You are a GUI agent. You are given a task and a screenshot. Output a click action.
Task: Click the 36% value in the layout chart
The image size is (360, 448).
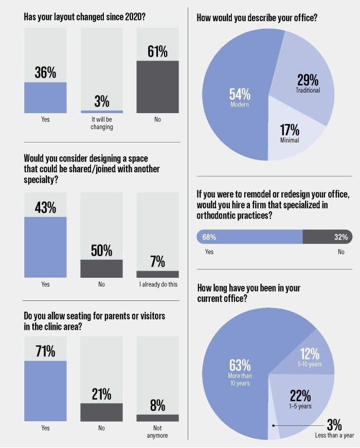pyautogui.click(x=45, y=73)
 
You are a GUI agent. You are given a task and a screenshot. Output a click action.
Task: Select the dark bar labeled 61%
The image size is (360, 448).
pyautogui.click(x=157, y=87)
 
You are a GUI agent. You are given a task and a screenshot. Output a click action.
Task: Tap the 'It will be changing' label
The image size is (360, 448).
pyautogui.click(x=101, y=123)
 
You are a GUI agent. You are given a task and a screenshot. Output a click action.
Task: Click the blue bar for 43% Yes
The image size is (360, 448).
pyautogui.click(x=45, y=247)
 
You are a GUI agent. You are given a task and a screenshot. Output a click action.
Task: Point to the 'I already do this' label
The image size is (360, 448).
pyautogui.click(x=157, y=284)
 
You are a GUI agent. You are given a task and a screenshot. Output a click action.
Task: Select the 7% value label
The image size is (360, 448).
pyautogui.click(x=157, y=262)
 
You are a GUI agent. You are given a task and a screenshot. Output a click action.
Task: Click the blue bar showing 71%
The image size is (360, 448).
pyautogui.click(x=45, y=391)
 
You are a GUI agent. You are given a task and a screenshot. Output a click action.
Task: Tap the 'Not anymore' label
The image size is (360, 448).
pyautogui.click(x=157, y=432)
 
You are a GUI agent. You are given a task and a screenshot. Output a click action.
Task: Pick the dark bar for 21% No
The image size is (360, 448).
pyautogui.click(x=101, y=412)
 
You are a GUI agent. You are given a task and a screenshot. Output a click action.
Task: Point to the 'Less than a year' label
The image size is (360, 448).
pyautogui.click(x=334, y=436)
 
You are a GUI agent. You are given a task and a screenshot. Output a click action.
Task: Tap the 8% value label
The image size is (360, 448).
pyautogui.click(x=157, y=405)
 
